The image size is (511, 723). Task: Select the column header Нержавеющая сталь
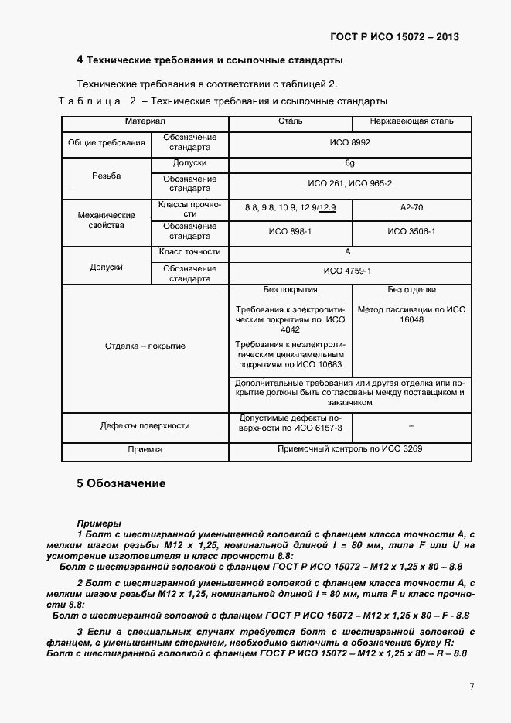(412, 121)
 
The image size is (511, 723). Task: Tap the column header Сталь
(290, 121)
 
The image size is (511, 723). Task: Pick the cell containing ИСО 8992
(351, 143)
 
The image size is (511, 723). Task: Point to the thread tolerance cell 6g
(351, 164)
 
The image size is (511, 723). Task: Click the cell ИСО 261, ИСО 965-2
(351, 183)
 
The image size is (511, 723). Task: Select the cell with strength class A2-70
(412, 208)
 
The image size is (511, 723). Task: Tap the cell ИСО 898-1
(290, 231)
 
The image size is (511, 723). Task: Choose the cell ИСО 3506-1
(412, 231)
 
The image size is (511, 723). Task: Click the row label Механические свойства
(107, 220)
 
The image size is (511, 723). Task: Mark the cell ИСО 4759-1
(351, 271)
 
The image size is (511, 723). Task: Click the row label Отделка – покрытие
(145, 346)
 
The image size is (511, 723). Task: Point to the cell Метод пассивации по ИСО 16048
(412, 314)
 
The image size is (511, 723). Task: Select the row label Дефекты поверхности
(145, 425)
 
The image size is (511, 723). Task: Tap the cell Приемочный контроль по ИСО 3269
(351, 448)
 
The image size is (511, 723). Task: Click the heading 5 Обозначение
(121, 483)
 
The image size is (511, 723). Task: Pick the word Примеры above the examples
(98, 523)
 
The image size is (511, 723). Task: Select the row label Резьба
(107, 176)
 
